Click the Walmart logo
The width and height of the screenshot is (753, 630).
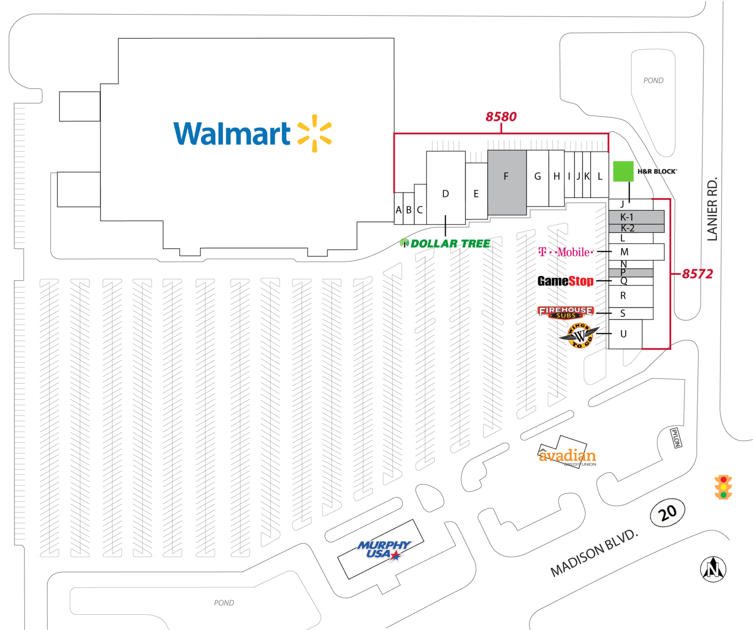pos(252,133)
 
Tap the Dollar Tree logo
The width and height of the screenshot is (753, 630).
pos(445,243)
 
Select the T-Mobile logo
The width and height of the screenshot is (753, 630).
pos(566,252)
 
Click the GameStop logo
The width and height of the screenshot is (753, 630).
pos(565,281)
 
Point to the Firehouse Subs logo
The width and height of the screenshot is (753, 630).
pos(565,312)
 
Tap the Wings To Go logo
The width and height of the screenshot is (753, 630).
pos(579,336)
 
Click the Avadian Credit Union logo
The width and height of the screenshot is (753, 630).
pos(567,457)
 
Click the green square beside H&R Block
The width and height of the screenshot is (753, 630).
pos(623,171)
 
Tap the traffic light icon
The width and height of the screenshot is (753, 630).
pos(723,487)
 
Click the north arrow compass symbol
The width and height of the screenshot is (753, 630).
pos(713,569)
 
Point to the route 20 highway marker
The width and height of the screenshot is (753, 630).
pos(667,513)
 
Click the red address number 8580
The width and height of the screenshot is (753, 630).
pos(501,117)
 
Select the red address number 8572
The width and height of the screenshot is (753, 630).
pos(697,274)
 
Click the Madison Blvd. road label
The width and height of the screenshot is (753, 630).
pos(594,553)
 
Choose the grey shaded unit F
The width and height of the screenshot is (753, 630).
pos(506,182)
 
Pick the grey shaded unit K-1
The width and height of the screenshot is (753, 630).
pos(636,217)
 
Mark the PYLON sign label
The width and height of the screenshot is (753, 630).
pos(676,437)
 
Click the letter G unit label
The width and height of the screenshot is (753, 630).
pos(537,176)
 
